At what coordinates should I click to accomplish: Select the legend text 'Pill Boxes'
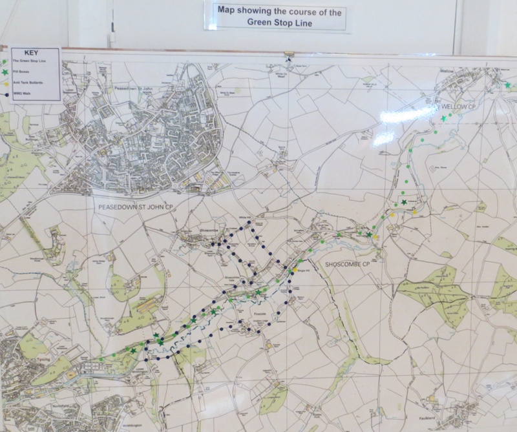tap(25, 73)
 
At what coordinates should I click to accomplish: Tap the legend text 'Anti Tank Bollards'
tap(30, 84)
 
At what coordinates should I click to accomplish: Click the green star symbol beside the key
tap(6, 72)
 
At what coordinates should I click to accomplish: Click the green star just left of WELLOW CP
tap(444, 118)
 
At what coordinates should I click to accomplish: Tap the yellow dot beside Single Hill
tap(295, 270)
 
